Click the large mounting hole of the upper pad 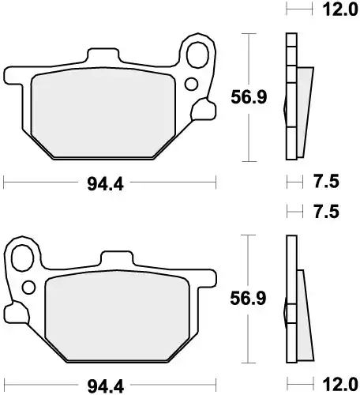(197, 55)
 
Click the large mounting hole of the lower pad (24, 258)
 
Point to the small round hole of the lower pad (29, 287)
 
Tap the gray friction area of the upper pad (103, 111)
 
